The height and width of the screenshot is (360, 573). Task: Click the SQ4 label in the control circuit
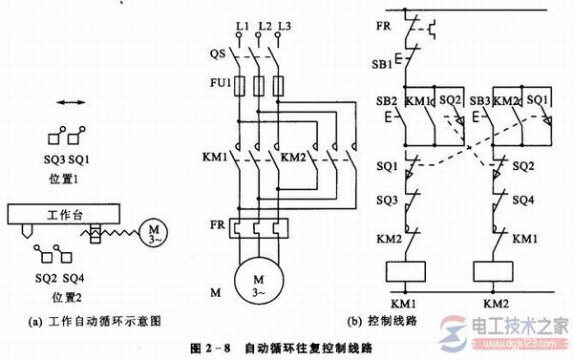524,201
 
